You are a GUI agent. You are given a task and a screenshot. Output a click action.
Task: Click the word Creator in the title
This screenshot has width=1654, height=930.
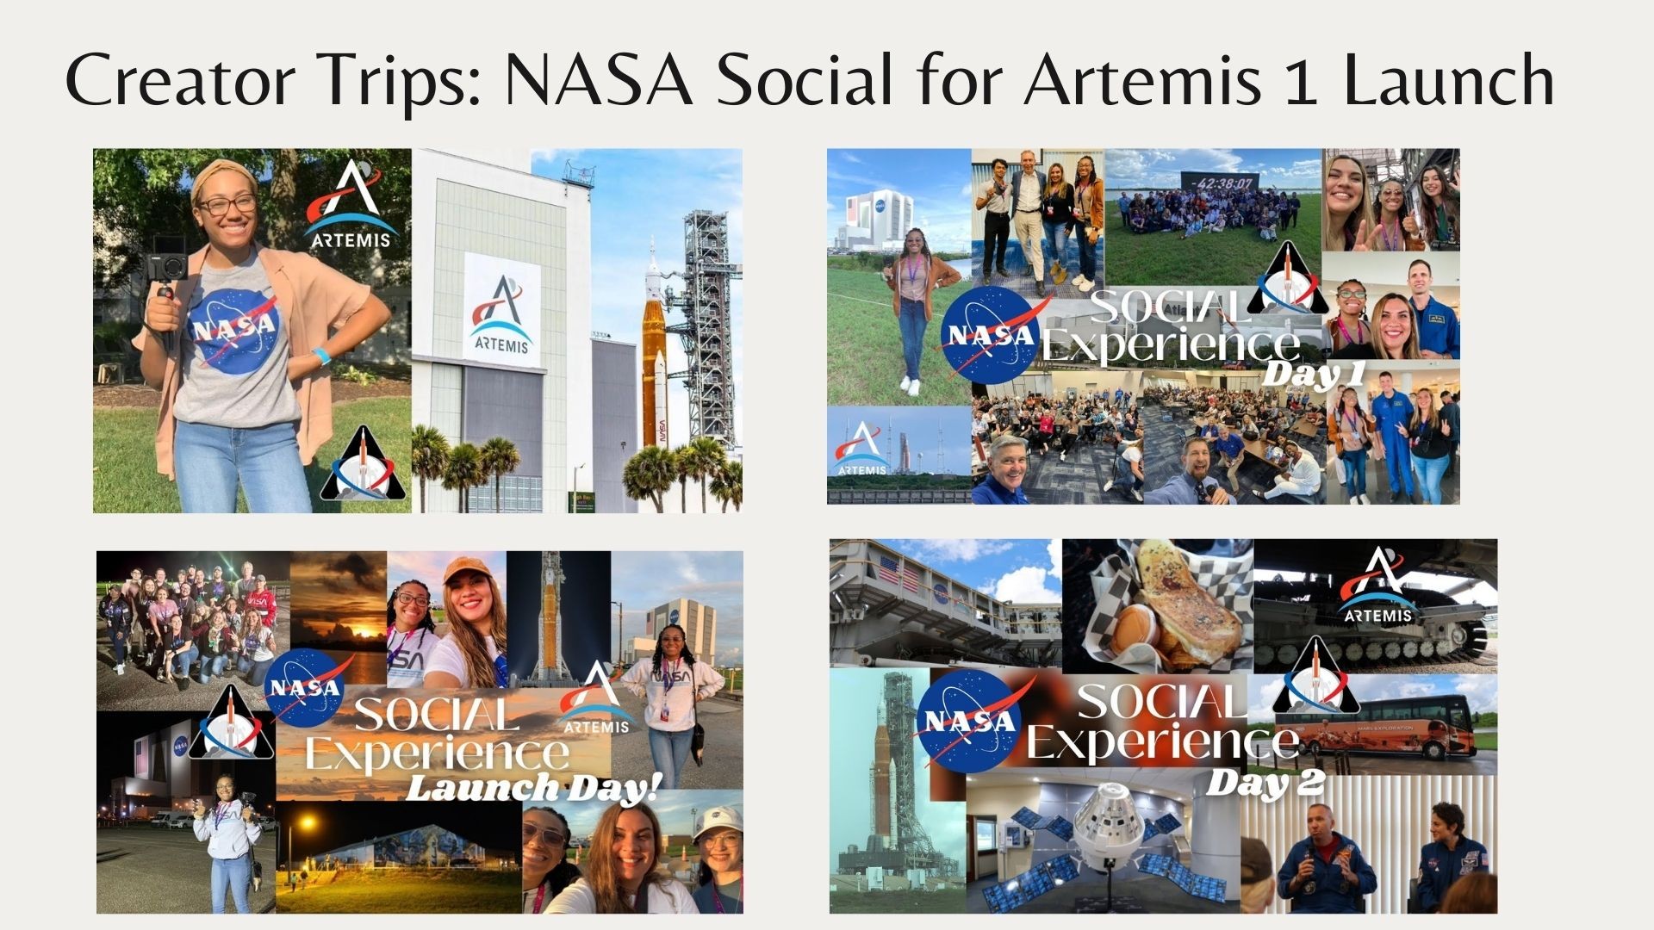click(x=180, y=79)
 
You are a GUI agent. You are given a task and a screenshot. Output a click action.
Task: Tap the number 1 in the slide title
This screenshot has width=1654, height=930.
click(x=1301, y=81)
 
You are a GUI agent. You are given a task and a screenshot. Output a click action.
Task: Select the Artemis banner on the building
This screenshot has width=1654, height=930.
click(x=502, y=310)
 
